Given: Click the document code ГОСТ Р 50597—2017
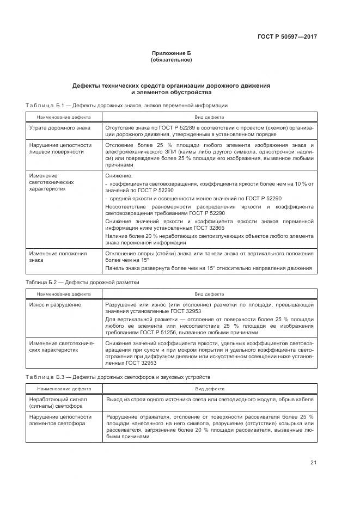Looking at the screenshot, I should tap(287, 36).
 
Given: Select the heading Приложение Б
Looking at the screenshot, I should tap(171, 53).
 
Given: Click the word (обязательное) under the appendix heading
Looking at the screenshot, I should tap(171, 60).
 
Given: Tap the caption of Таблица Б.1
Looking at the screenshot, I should tap(126, 105).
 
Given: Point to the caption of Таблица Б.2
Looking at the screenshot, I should tap(82, 283).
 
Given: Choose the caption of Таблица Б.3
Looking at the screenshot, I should tap(118, 377).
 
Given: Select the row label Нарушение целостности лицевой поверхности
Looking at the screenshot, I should tap(60, 149).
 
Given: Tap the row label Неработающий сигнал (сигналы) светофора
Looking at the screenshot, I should tap(58, 403).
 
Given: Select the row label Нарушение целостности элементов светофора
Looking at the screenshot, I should tap(60, 420).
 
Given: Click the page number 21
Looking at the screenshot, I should tap(313, 463).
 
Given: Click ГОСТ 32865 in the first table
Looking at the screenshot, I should tap(208, 229).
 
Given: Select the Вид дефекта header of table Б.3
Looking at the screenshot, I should tap(209, 389).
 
